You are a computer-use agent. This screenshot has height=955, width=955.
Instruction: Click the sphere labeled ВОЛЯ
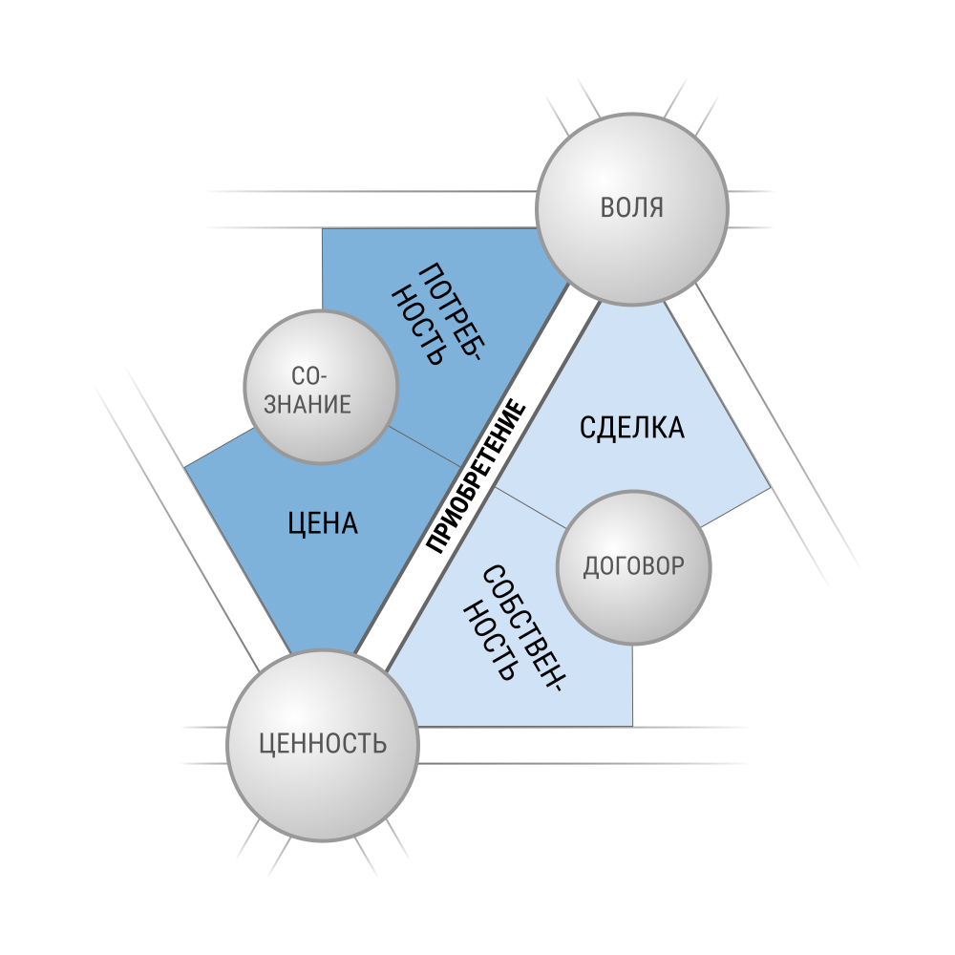pyautogui.click(x=632, y=208)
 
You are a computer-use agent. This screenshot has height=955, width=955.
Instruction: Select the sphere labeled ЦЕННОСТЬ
pyautogui.click(x=323, y=745)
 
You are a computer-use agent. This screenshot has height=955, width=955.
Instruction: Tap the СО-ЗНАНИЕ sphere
pyautogui.click(x=321, y=387)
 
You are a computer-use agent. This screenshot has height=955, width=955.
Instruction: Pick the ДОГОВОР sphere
pyautogui.click(x=634, y=567)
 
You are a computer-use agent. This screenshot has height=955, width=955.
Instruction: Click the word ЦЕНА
pyautogui.click(x=323, y=523)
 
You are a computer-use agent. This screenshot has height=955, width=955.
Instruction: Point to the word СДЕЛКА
pyautogui.click(x=632, y=428)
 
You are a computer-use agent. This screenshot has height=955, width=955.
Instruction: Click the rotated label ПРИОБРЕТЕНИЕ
pyautogui.click(x=476, y=477)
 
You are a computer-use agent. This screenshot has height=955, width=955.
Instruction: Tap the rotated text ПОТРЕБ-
pyautogui.click(x=453, y=311)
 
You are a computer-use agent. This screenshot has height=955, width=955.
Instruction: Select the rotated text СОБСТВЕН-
pyautogui.click(x=522, y=628)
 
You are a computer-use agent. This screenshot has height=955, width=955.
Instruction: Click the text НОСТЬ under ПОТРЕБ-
pyautogui.click(x=417, y=326)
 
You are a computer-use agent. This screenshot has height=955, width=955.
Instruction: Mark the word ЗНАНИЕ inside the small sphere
pyautogui.click(x=308, y=404)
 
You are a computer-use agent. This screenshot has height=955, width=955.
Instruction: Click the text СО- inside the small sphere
pyautogui.click(x=309, y=375)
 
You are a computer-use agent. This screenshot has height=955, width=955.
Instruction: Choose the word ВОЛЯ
pyautogui.click(x=632, y=207)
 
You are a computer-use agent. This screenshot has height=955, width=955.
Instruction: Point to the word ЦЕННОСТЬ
pyautogui.click(x=323, y=744)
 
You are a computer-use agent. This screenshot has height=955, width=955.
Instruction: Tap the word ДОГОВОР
pyautogui.click(x=634, y=566)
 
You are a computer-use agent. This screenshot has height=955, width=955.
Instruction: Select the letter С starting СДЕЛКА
pyautogui.click(x=587, y=428)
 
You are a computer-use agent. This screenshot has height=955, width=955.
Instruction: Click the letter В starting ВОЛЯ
pyautogui.click(x=607, y=207)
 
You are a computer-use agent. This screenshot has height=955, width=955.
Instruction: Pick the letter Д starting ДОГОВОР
pyautogui.click(x=590, y=567)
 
